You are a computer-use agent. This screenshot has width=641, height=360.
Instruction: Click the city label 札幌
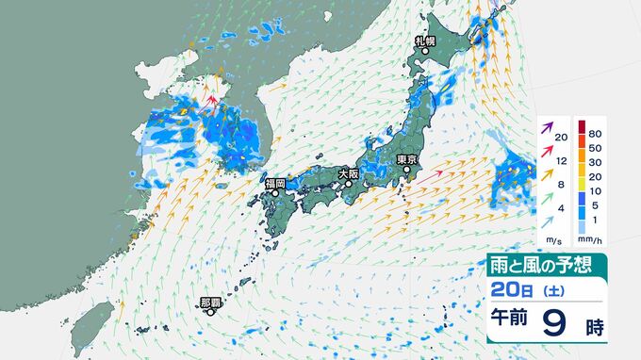tap(425, 42)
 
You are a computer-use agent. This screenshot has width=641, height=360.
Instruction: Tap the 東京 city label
tap(407, 159)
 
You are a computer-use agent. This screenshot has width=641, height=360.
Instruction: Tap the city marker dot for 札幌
tap(425, 53)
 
